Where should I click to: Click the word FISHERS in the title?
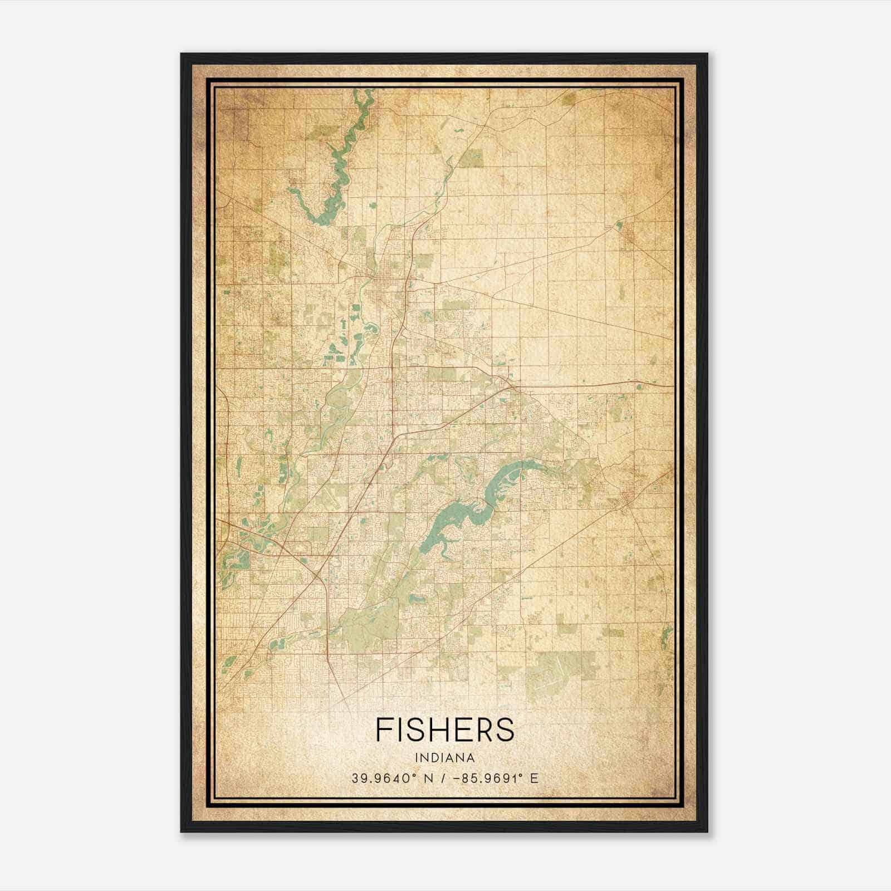445,730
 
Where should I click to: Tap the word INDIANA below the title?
445,758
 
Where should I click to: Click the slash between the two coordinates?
444,778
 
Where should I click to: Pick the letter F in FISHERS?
383,730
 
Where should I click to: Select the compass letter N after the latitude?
428,778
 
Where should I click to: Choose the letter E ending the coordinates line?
534,778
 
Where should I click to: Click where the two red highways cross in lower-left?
317,574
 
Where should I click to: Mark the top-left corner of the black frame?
182,54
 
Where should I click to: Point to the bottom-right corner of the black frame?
707,831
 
